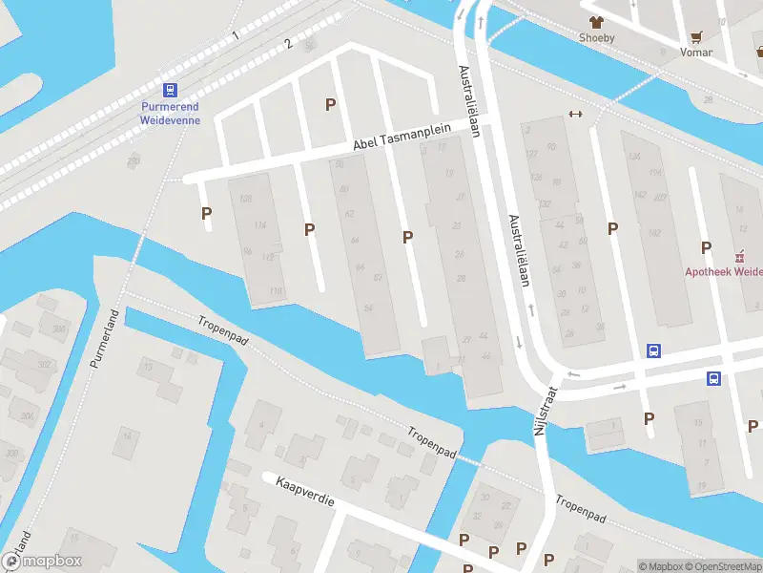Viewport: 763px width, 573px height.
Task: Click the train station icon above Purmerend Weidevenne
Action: [x=170, y=91]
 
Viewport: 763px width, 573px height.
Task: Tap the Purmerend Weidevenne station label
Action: [x=170, y=115]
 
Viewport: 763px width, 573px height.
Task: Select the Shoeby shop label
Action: [x=596, y=38]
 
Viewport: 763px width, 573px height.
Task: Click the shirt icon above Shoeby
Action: [x=597, y=21]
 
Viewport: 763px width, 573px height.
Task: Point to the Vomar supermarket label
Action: [x=696, y=53]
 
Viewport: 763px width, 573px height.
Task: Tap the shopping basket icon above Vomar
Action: [x=697, y=36]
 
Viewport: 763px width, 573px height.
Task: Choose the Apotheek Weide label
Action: [x=723, y=271]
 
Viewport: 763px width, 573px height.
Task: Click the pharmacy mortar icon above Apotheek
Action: [x=738, y=256]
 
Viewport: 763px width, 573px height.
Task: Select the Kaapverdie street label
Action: [x=305, y=494]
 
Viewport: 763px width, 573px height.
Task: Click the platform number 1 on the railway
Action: [x=235, y=35]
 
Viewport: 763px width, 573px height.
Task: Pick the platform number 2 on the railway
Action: [x=287, y=44]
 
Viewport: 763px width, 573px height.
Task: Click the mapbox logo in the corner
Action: [x=42, y=562]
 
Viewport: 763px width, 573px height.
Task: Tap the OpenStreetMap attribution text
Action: [x=726, y=566]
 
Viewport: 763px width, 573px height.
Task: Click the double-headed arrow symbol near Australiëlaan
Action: [x=575, y=115]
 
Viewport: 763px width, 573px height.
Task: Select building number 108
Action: [x=246, y=199]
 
